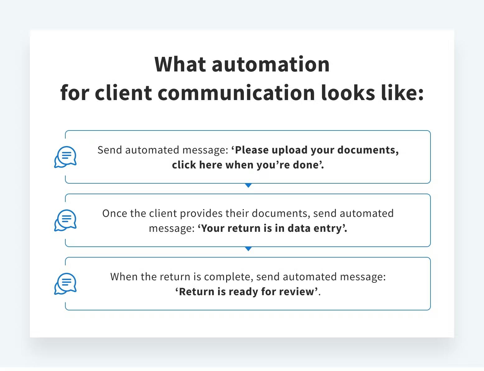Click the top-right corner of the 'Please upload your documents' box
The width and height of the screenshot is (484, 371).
tap(430, 131)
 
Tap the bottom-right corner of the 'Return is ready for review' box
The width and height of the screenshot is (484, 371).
tap(430, 310)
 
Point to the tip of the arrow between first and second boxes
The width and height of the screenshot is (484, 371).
tap(248, 187)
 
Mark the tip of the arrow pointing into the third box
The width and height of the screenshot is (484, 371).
tap(248, 251)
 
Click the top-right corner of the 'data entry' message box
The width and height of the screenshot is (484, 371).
tap(430, 194)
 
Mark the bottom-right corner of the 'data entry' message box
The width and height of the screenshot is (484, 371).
tap(430, 246)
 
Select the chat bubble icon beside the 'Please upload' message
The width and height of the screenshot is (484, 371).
tap(66, 157)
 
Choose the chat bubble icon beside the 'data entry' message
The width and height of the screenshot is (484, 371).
tap(66, 220)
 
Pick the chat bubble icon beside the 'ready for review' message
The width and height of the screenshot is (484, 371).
tap(66, 284)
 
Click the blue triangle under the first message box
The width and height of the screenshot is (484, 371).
tap(248, 185)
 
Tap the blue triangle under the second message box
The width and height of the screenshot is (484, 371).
tap(248, 249)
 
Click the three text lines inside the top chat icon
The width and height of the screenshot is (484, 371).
tap(67, 155)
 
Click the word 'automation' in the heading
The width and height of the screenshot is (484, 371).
tap(271, 65)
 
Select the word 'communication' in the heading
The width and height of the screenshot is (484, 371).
tap(236, 93)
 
